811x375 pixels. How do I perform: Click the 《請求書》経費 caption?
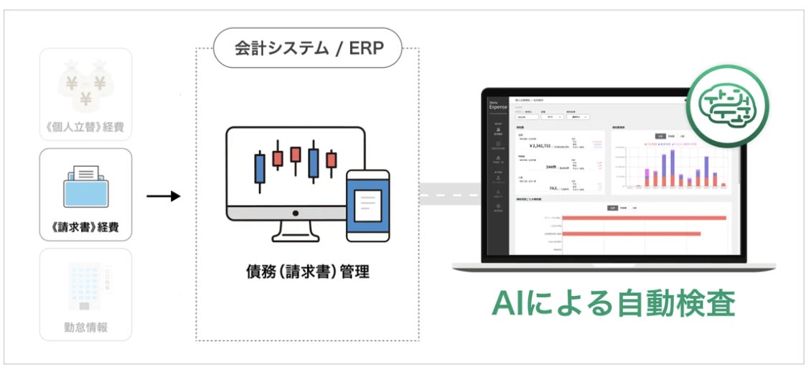85,228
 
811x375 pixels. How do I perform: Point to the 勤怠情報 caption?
85,328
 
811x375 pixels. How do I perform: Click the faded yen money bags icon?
85,85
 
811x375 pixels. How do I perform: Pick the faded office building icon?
85,286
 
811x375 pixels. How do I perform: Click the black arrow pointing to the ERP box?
164,195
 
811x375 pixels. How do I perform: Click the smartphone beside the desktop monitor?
367,205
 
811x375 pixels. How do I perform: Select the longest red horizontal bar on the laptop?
644,218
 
